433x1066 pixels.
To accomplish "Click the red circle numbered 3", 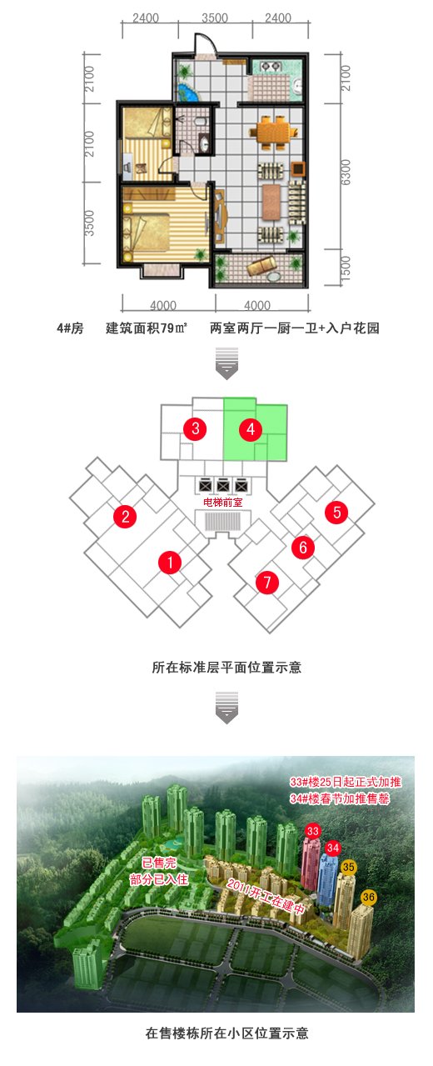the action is (x=196, y=428).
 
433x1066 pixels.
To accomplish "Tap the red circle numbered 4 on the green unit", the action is (x=251, y=430).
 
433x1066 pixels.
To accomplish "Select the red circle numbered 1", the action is (x=170, y=563).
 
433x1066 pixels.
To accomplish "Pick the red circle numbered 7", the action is (x=267, y=582).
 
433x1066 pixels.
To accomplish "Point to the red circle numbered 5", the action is (x=336, y=512).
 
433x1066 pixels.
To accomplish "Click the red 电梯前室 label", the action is (x=223, y=502).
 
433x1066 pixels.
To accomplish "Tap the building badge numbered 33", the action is (x=313, y=831).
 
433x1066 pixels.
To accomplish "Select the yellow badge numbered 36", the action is (x=369, y=897).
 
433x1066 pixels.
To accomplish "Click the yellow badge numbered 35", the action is (x=348, y=867).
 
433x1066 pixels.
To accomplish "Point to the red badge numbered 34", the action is (x=333, y=848).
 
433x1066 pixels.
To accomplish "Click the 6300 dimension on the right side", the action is (x=346, y=173).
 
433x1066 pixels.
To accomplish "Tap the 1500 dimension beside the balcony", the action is (x=346, y=269).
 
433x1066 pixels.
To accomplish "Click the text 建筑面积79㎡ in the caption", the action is (x=147, y=328).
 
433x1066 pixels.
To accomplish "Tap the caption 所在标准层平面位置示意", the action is (x=226, y=668).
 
